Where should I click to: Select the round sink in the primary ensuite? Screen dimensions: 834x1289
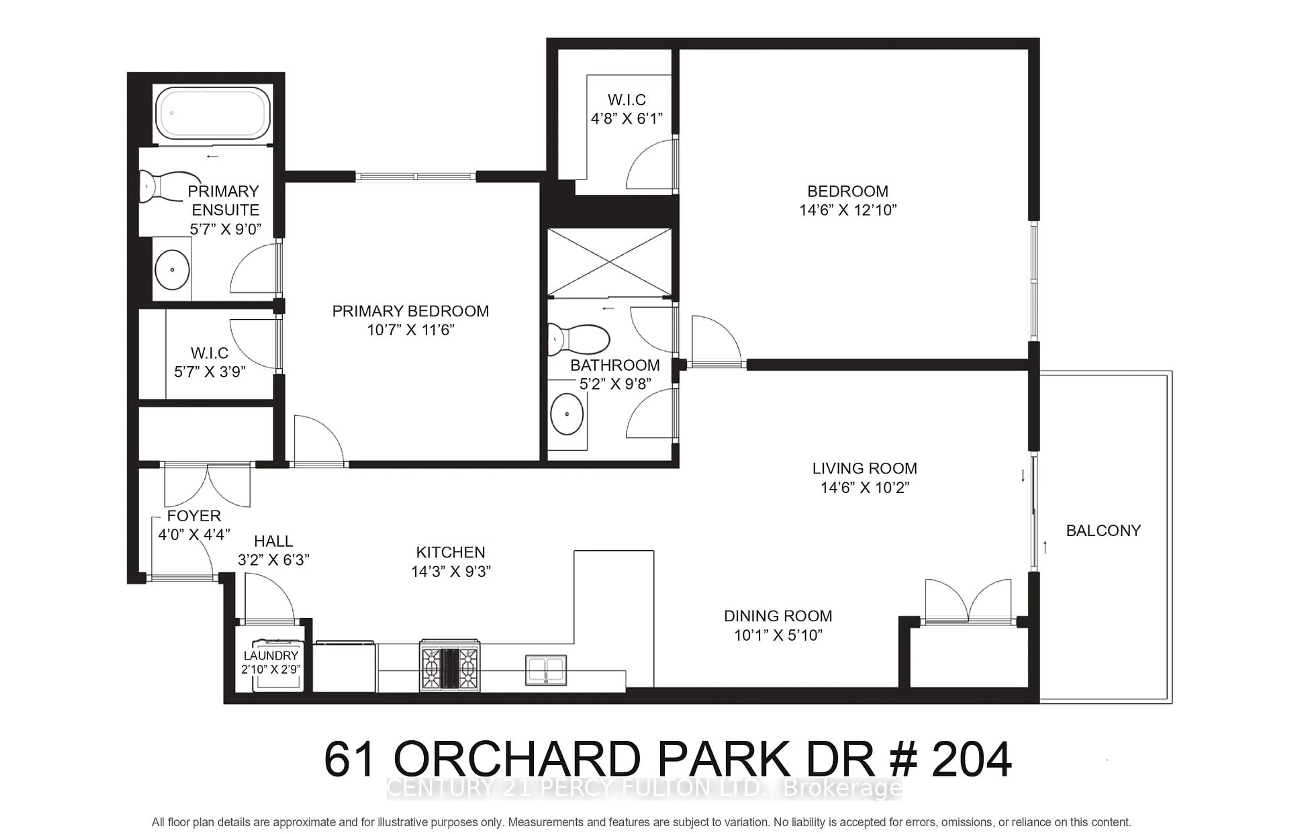click(x=172, y=269)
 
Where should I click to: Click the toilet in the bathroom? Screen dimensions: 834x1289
click(x=577, y=339)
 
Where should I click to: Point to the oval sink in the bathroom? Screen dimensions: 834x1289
click(x=567, y=414)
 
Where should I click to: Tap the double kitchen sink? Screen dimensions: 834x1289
click(x=546, y=670)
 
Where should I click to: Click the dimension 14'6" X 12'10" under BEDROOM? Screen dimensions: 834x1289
click(x=848, y=211)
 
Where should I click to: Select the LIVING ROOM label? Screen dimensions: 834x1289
click(x=865, y=468)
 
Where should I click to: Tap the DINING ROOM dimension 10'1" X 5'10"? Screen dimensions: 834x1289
click(x=778, y=635)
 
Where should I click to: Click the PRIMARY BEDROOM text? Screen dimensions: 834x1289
click(x=410, y=311)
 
